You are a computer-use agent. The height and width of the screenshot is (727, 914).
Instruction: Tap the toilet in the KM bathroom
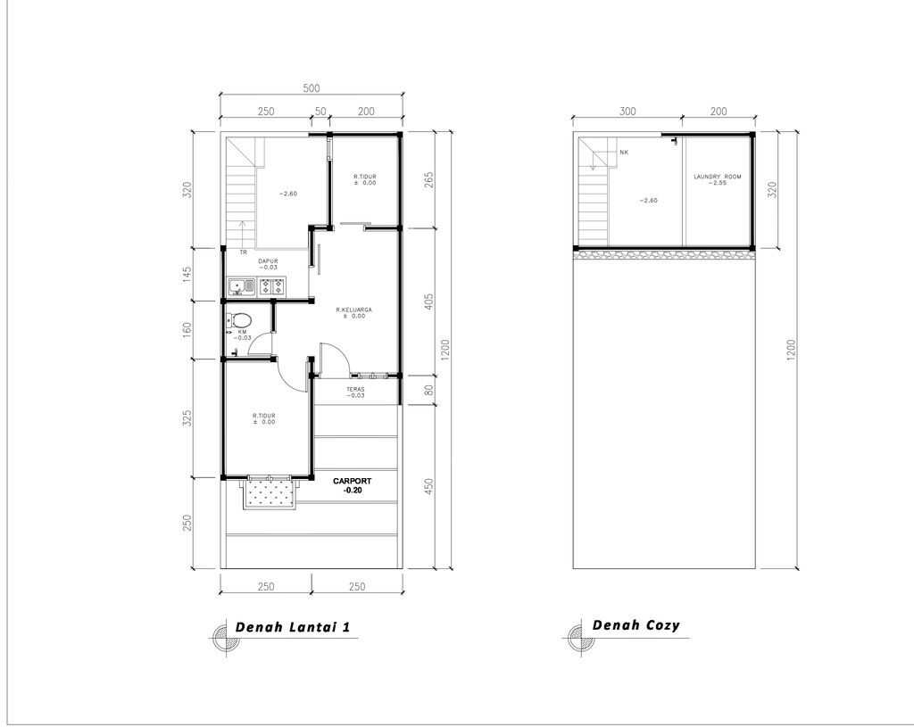239,320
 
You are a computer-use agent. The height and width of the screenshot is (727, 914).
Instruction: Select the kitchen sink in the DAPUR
241,286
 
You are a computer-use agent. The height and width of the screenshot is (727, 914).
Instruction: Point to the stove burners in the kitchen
272,286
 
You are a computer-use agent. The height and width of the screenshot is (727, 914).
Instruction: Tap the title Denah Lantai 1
293,627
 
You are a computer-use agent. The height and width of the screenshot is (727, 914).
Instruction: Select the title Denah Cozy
636,625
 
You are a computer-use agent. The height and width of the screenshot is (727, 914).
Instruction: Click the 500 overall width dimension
312,88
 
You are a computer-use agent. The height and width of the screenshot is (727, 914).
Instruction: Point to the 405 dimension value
429,302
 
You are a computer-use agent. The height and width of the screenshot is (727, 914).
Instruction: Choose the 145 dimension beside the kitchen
187,275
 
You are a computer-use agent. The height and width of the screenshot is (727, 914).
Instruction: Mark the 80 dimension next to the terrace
429,390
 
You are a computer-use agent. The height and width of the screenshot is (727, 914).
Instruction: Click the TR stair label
243,252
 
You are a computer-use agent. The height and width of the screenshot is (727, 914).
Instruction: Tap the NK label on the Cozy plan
624,153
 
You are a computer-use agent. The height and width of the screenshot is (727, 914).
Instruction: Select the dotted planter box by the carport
270,492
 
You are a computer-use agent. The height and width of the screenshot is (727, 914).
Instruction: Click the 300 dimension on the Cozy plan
627,112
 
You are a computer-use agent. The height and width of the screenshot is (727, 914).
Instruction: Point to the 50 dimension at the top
320,112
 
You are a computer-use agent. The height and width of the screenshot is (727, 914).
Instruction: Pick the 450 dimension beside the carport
429,486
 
